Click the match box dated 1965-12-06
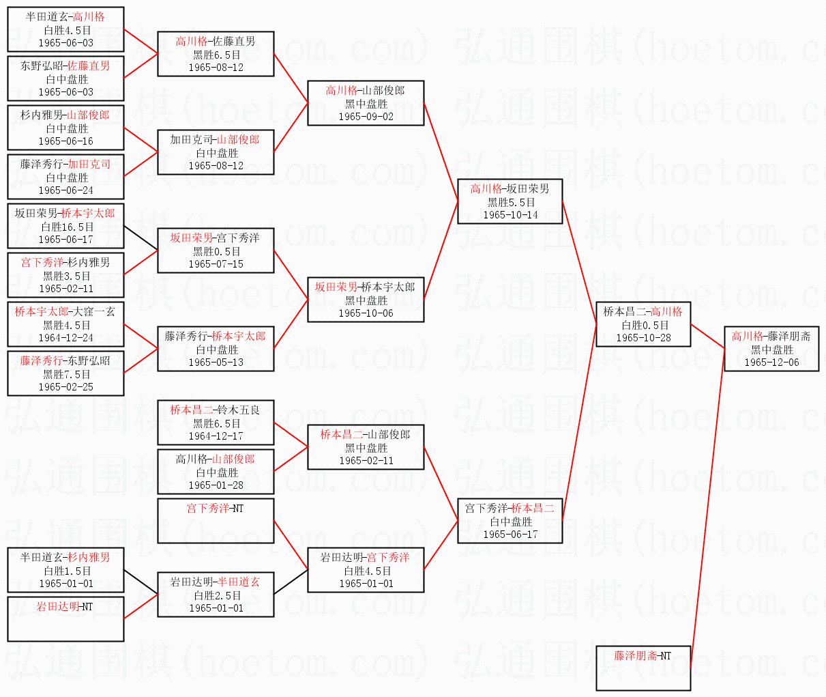[x=771, y=348]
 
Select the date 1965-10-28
[x=643, y=338]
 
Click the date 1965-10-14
[x=510, y=215]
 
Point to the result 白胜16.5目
[x=65, y=227]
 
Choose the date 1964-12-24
[x=65, y=338]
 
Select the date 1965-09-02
[x=366, y=117]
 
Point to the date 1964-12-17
[x=216, y=436]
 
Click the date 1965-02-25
[x=65, y=387]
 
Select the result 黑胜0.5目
[x=216, y=251]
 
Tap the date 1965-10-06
[x=366, y=313]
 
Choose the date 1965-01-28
[x=216, y=485]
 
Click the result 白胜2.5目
[x=216, y=595]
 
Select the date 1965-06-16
[x=65, y=141]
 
